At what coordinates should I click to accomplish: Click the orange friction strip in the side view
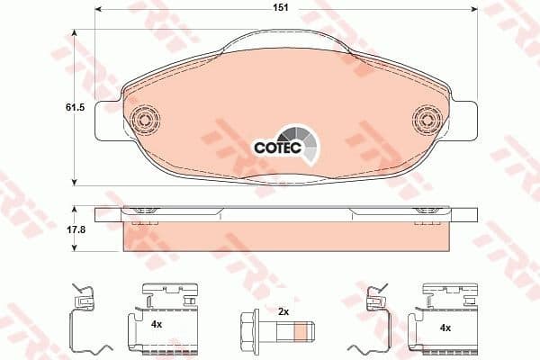[x=286, y=236]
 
